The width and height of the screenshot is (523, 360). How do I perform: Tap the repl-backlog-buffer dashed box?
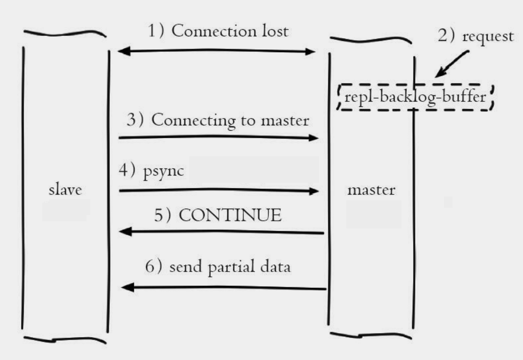[x=415, y=97]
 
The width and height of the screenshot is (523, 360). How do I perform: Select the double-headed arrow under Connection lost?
[x=216, y=52]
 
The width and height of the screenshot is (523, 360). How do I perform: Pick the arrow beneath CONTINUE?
[x=222, y=232]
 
